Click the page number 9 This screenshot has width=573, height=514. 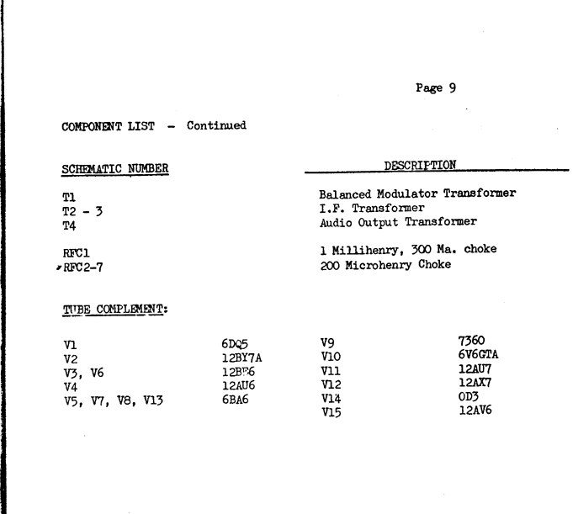coord(453,88)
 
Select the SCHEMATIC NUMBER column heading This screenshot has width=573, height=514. coord(115,169)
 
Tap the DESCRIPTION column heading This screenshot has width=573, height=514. coord(420,166)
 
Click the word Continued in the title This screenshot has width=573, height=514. coord(216,125)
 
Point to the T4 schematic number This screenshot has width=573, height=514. coord(69,226)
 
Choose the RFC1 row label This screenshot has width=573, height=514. coord(76,253)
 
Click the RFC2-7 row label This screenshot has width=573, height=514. coord(83,268)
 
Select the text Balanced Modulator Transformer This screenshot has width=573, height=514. coord(417,193)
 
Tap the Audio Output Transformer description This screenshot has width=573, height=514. coord(398,222)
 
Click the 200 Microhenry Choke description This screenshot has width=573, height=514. coord(385,265)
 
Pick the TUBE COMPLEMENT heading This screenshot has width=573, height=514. coord(115,310)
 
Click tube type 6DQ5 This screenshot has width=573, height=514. coord(235,344)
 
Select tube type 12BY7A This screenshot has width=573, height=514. coord(242,358)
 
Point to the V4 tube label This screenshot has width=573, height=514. coord(71,387)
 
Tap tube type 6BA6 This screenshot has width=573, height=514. coord(235,400)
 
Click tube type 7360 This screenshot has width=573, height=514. coord(471,341)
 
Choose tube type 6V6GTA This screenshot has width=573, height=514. coord(478,354)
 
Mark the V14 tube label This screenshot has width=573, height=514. coord(331,398)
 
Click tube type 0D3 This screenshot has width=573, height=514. coord(469,396)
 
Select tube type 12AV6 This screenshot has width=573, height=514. coord(475,411)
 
